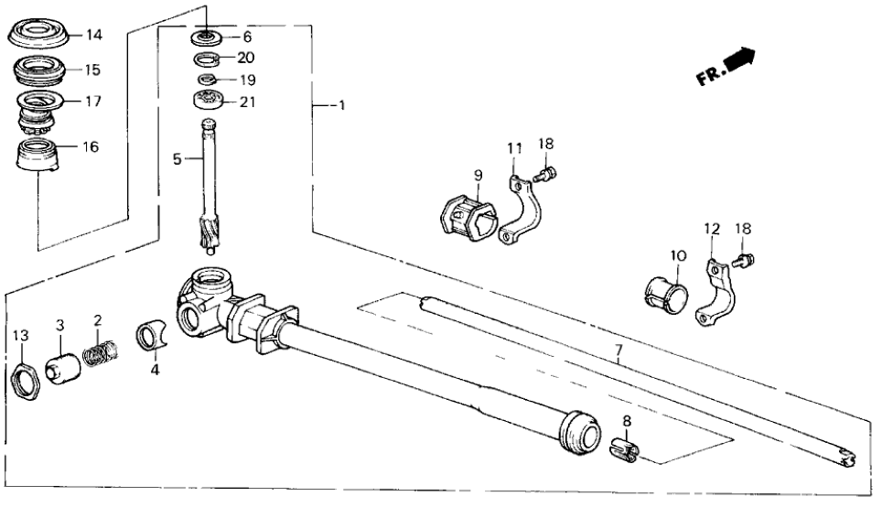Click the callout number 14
click(x=94, y=36)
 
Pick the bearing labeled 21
click(x=210, y=101)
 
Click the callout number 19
click(x=246, y=80)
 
